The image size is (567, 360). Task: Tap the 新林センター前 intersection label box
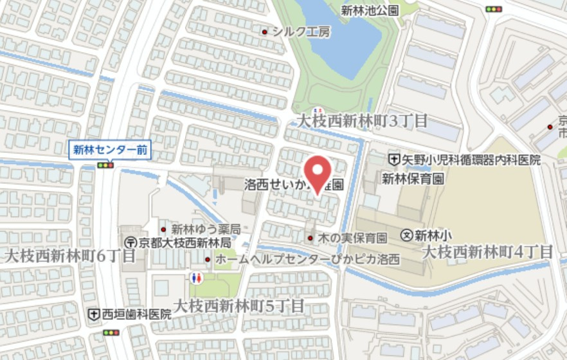point(110,150)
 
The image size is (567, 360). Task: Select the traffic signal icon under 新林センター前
point(105,165)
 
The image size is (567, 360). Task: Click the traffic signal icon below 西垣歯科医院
point(111,332)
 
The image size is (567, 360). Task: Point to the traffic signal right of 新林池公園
point(494,8)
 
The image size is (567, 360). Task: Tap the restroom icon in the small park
point(197,278)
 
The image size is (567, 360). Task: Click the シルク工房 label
point(301,31)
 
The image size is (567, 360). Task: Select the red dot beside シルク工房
point(264,31)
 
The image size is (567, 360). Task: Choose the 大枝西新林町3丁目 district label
point(362,120)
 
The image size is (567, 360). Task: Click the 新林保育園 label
point(413,178)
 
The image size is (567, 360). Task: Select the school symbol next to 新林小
point(406,235)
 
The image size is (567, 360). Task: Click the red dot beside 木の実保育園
point(310,239)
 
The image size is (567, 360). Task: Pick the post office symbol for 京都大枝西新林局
point(130,242)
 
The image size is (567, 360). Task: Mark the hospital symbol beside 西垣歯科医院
point(93,314)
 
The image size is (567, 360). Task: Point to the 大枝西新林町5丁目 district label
point(239,305)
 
